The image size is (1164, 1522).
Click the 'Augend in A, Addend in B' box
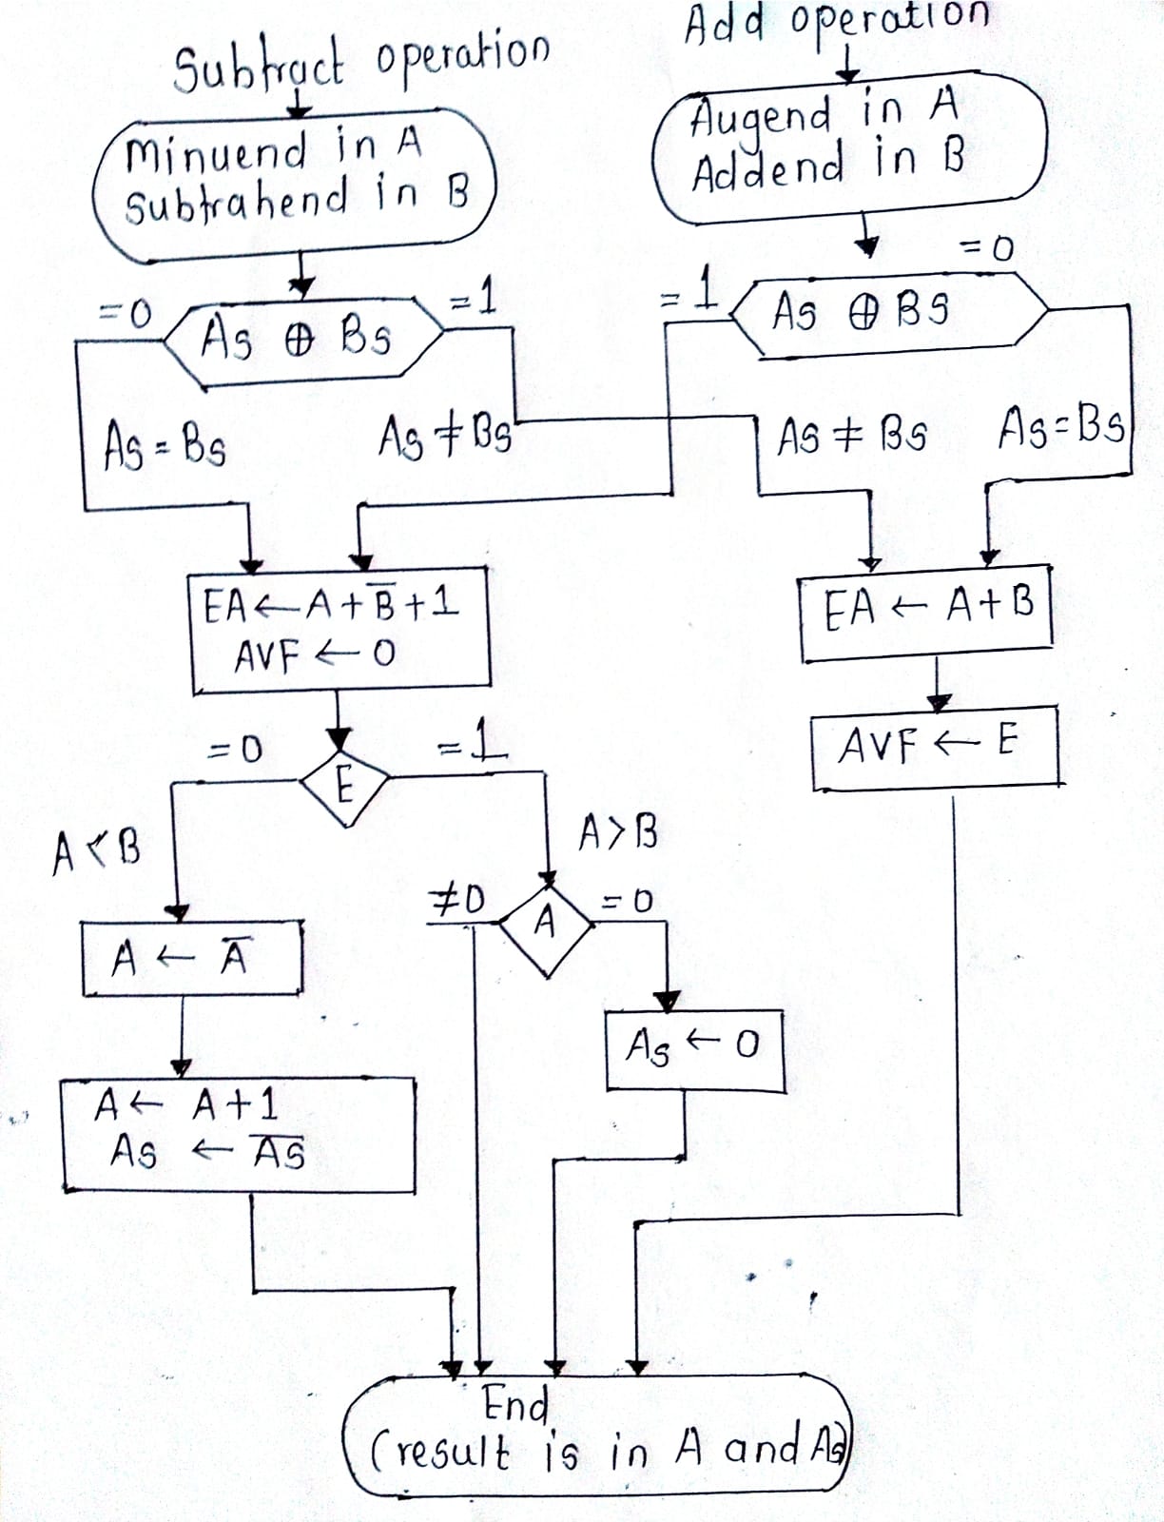[849, 147]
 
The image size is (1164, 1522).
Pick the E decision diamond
[343, 786]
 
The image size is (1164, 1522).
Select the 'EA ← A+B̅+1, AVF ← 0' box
[339, 630]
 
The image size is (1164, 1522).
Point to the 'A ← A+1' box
[238, 1132]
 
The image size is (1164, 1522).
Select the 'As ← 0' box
[694, 1049]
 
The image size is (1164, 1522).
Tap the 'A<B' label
[96, 847]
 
